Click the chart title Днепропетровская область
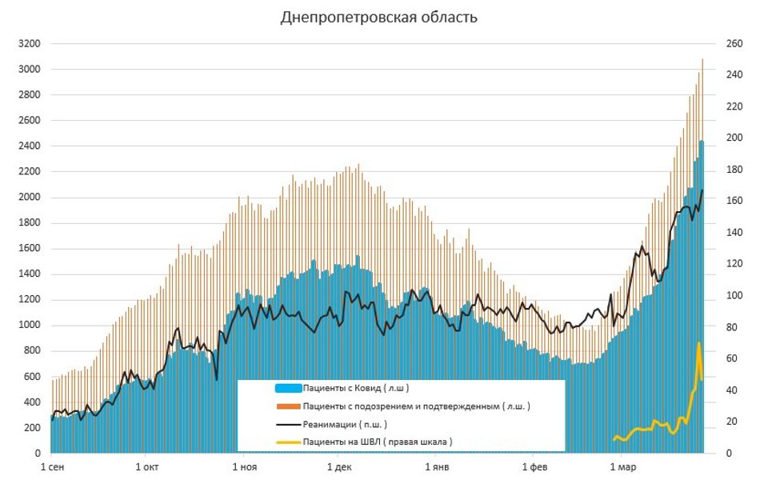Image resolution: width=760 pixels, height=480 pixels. point(379,17)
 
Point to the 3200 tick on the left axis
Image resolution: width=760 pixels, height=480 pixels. point(27,44)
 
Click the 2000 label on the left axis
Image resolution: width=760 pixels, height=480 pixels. point(27,198)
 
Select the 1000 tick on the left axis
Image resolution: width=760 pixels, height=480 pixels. point(27,326)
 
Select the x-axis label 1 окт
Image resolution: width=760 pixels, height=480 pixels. point(147,466)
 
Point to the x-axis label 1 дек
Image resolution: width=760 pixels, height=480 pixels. point(339,466)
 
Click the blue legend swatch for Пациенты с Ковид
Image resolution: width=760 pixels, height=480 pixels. point(288,388)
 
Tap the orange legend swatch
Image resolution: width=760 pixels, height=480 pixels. point(288,406)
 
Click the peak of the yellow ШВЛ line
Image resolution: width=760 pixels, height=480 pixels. point(698,343)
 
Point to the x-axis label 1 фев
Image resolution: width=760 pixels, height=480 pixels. point(533,466)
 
